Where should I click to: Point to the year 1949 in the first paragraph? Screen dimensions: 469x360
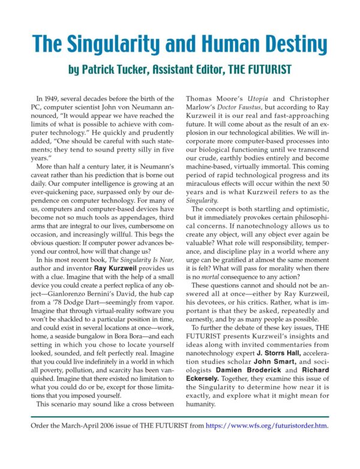tap(55, 98)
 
